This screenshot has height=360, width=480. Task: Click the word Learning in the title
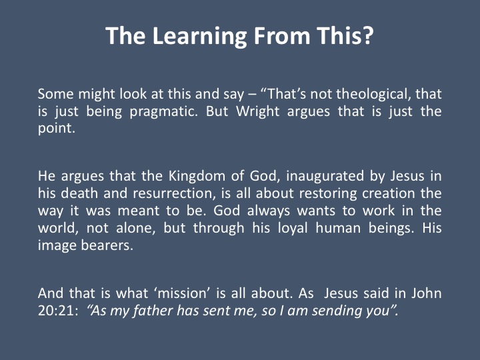199,37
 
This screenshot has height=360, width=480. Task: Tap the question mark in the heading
368,35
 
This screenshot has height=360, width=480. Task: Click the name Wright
257,111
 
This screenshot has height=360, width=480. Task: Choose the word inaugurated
324,177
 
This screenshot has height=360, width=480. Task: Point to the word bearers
107,245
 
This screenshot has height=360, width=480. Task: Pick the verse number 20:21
56,311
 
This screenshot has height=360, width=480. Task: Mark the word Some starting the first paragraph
56,94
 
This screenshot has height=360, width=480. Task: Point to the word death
79,194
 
